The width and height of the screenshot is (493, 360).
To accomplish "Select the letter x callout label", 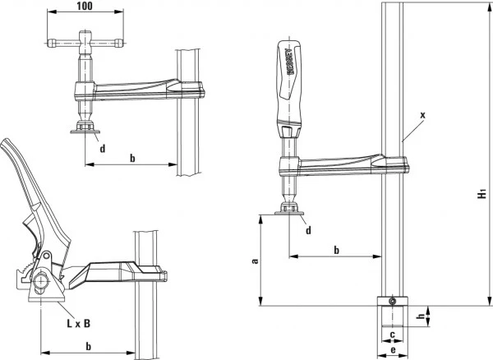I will (422, 116).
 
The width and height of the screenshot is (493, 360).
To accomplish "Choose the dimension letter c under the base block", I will (393, 335).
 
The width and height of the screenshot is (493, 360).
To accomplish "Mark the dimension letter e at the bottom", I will (393, 350).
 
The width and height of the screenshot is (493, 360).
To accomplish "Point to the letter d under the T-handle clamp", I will (102, 148).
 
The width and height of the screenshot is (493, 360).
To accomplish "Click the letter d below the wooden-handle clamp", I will (308, 229).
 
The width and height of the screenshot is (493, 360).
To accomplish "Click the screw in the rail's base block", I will (393, 302).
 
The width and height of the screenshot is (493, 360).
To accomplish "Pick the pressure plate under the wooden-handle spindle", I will (288, 212).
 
